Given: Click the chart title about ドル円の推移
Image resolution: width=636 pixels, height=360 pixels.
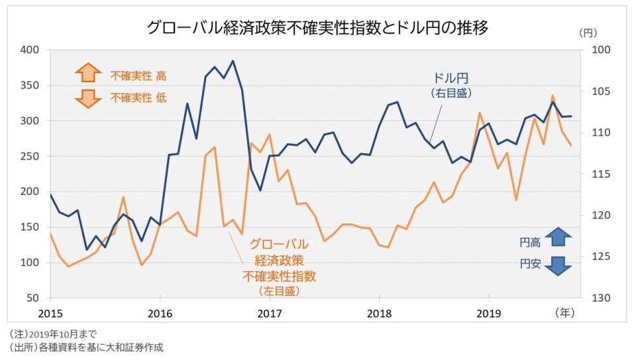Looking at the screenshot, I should (x=318, y=27).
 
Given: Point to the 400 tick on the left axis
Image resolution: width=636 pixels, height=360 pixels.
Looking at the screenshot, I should (x=31, y=50).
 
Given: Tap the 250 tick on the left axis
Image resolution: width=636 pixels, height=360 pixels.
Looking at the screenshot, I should (x=31, y=156).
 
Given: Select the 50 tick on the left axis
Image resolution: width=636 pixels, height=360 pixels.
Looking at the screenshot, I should (x=34, y=298).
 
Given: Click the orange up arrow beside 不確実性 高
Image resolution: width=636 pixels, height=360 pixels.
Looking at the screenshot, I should (x=88, y=74).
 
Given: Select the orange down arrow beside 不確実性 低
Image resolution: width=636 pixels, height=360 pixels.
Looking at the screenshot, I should (x=88, y=97).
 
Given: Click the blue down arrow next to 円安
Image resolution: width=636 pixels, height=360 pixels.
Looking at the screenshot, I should (x=558, y=265).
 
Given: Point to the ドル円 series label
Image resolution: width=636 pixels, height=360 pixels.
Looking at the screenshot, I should (x=451, y=78).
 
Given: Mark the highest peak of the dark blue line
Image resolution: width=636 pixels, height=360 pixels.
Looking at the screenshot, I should (x=233, y=61).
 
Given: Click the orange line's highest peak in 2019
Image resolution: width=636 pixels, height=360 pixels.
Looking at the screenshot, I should (x=553, y=95).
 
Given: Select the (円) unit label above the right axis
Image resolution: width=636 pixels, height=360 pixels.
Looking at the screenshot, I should (x=588, y=32).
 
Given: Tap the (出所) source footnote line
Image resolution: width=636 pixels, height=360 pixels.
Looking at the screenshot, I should (x=86, y=347).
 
